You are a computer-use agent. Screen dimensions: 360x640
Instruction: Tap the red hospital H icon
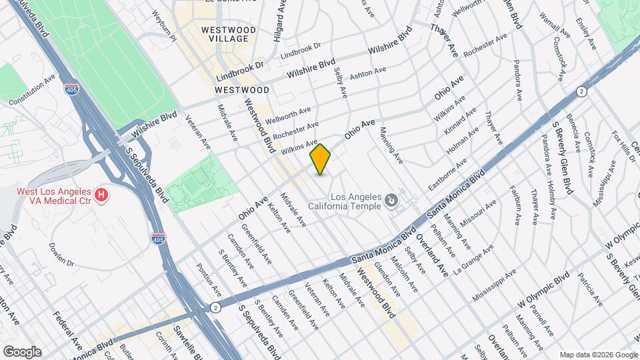tap(101, 195)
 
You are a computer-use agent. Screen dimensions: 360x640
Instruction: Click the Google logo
tap(21, 351)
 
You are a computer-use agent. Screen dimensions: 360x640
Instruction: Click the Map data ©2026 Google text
tap(598, 355)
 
